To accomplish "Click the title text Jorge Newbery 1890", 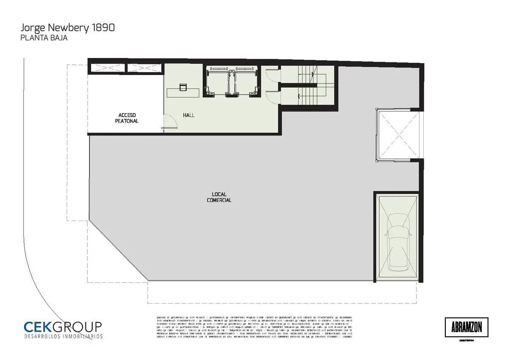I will pyautogui.click(x=67, y=28).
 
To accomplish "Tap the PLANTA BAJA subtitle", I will pyautogui.click(x=44, y=38).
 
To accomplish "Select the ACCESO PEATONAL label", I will pyautogui.click(x=127, y=118).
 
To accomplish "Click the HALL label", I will pyautogui.click(x=189, y=115).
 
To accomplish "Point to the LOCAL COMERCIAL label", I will pyautogui.click(x=219, y=197).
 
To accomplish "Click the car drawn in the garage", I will pyautogui.click(x=397, y=242).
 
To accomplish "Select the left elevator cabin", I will pyautogui.click(x=218, y=81).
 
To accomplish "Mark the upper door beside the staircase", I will pyautogui.click(x=271, y=76).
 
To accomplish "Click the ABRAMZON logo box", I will pyautogui.click(x=467, y=327).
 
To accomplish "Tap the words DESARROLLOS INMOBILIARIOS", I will pyautogui.click(x=63, y=336).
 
